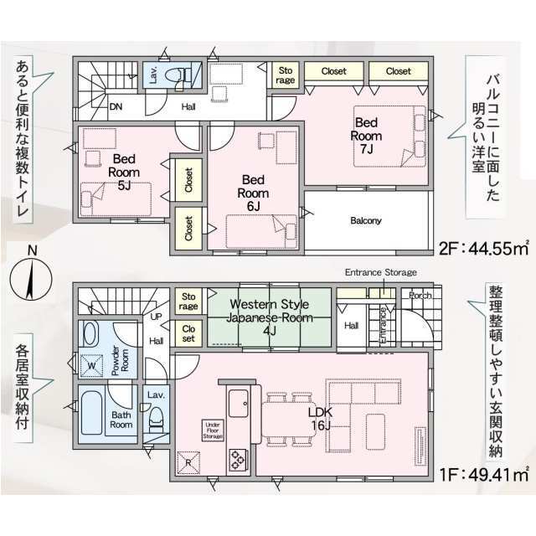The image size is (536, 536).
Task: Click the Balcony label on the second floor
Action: [x=365, y=220]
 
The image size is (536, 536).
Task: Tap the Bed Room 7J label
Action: [x=366, y=136]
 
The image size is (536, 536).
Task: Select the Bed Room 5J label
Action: [x=124, y=172]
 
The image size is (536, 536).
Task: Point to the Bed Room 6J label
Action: [x=253, y=193]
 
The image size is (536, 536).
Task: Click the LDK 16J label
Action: [x=320, y=419]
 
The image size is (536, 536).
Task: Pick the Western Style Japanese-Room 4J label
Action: [x=270, y=317]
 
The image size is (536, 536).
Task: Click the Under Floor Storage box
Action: [x=213, y=430]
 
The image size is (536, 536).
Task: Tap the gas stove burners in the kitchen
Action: [x=237, y=460]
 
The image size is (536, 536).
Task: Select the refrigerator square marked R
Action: [x=188, y=463]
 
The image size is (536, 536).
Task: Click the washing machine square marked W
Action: [x=91, y=365]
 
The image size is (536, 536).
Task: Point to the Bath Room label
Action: [x=121, y=420]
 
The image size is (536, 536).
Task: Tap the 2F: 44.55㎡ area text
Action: [x=484, y=249]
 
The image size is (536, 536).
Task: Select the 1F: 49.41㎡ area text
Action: [x=484, y=475]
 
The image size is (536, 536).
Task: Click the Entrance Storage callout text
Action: [x=381, y=272]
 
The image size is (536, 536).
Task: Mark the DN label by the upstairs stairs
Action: [x=116, y=106]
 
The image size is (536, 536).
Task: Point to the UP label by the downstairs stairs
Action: [x=156, y=317]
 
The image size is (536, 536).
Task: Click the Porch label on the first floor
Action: [x=420, y=295]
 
